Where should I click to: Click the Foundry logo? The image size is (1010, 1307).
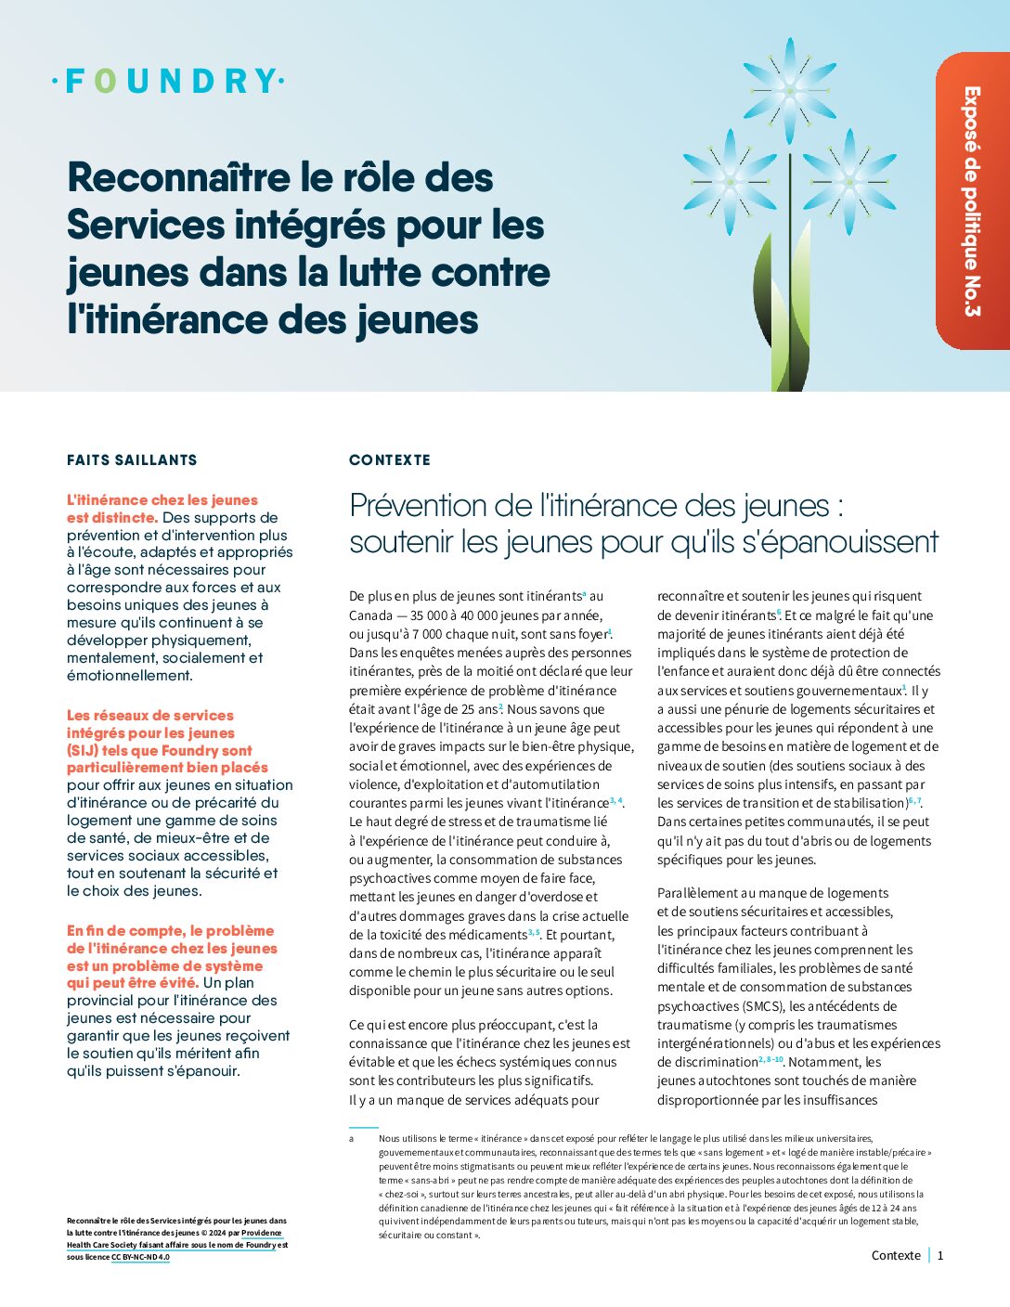pos(168,82)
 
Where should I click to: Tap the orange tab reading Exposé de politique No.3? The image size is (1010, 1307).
pos(972,201)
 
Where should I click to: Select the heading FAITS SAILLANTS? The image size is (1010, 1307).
pos(132,459)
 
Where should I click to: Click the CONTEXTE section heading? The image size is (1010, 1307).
pos(390,459)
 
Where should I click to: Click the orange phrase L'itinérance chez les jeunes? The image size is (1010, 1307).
pos(162,499)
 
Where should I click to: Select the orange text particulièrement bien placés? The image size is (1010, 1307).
pos(167,768)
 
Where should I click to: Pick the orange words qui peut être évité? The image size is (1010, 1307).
pos(133,982)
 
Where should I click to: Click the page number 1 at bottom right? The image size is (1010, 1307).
pos(940,1255)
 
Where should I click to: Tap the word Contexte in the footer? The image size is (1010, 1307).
pos(896,1255)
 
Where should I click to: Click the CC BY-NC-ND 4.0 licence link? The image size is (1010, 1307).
pos(140,1257)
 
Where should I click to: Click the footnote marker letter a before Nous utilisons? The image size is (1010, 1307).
pos(352,1138)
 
